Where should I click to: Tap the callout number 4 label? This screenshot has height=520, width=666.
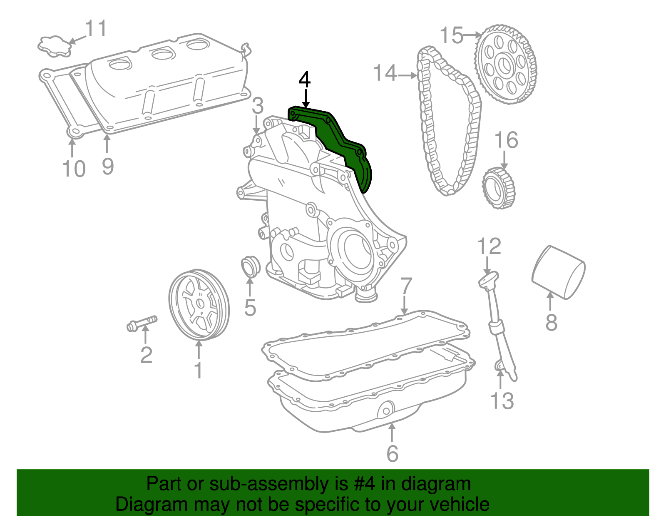click(x=305, y=80)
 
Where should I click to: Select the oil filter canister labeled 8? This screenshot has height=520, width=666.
click(x=559, y=273)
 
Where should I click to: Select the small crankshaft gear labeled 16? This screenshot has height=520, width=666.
click(x=498, y=187)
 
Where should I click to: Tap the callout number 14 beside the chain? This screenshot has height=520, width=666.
click(x=385, y=73)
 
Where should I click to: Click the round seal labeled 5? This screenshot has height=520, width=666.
click(x=250, y=266)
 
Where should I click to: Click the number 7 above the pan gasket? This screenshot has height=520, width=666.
click(x=406, y=287)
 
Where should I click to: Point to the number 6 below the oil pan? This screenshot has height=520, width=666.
click(x=392, y=454)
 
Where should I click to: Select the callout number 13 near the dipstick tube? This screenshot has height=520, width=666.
click(x=502, y=401)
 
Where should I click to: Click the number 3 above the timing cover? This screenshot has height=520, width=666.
click(x=258, y=106)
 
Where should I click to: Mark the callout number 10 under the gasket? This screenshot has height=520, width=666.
click(x=74, y=169)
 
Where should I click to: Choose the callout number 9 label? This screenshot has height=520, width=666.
click(x=107, y=167)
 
